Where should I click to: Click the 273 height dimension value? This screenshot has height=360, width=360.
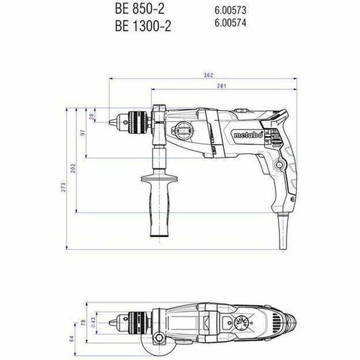pyautogui.click(x=64, y=188)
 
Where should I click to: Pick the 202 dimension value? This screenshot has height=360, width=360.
pyautogui.click(x=73, y=166)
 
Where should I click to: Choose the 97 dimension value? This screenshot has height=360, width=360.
pyautogui.click(x=83, y=132)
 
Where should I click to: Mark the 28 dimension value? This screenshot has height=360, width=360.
pyautogui.click(x=91, y=117)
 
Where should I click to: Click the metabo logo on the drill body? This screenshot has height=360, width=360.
pyautogui.click(x=244, y=134)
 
